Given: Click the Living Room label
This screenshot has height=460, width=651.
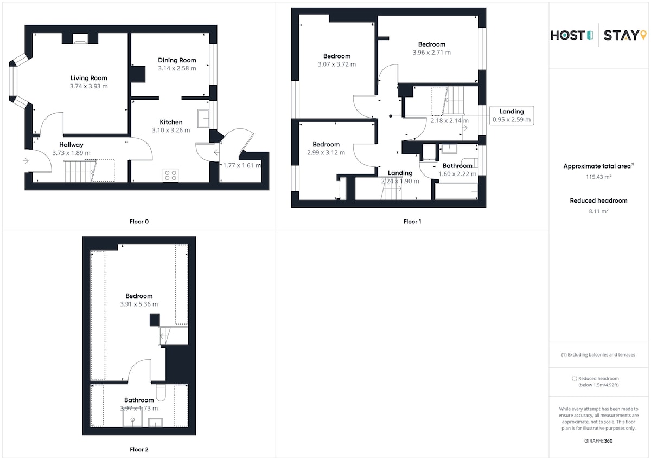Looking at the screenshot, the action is pos(88,78).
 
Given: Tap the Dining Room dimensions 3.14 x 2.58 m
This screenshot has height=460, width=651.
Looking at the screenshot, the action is pos(177,68).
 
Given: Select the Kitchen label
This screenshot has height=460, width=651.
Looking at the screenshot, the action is pos(171,122).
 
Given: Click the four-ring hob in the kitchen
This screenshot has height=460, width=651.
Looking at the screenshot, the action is pos(170,176).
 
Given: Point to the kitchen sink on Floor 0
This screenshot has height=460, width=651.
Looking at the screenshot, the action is pos(203,119).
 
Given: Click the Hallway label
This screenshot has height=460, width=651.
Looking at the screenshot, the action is pos(71,145).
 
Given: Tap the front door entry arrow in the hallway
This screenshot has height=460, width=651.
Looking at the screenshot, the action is pos(25,160).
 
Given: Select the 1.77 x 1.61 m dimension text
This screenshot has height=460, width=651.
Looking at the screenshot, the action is pos(242,165).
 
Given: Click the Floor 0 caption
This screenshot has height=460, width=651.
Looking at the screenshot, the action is pos(139,222).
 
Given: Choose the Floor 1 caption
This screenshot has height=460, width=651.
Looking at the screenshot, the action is pos(412,222).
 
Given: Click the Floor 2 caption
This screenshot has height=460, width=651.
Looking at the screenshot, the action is pos(139,449).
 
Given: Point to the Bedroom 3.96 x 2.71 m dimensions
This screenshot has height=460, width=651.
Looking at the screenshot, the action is pos(432,53).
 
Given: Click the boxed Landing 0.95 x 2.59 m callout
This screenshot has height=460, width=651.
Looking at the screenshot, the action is pos(512,115).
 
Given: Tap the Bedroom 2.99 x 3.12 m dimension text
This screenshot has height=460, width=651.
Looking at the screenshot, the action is pos(326,152).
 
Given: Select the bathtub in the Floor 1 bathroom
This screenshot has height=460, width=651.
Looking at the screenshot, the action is pos(456,191).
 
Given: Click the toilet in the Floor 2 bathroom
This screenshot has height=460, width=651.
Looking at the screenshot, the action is pos(161,392).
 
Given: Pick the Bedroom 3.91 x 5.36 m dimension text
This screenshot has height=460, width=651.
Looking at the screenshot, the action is pos(139,304).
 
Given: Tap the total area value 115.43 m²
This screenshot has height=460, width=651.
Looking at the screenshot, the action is pos(598,177).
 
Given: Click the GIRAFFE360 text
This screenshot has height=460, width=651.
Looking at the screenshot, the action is pos(598,441).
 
